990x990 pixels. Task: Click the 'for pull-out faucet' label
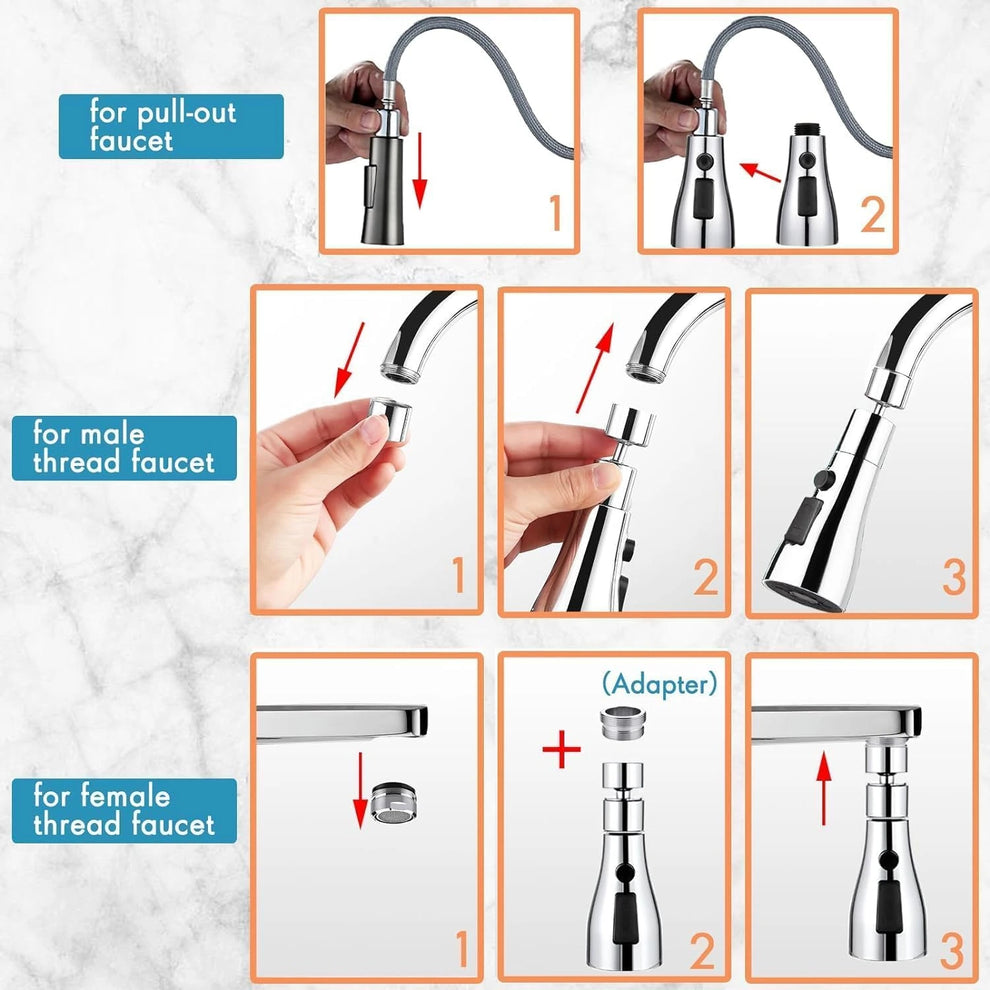coord(170,126)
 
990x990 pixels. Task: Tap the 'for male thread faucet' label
coord(124,448)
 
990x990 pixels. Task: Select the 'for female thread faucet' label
coord(124,810)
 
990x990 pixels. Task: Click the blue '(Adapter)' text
coord(660,684)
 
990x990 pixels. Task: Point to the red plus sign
coord(561,750)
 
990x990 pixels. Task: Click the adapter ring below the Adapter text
coord(623,723)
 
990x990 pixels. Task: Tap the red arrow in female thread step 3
coord(823,787)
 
